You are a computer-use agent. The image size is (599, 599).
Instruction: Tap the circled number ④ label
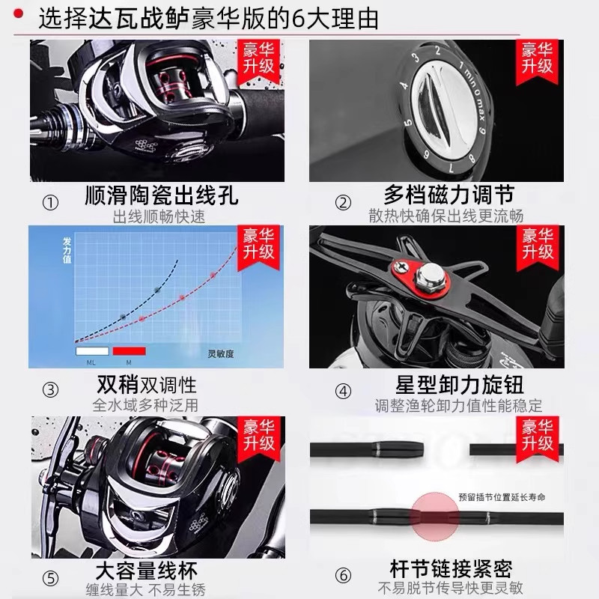pyautogui.click(x=343, y=390)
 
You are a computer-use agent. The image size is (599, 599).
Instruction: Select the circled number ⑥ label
pyautogui.click(x=343, y=576)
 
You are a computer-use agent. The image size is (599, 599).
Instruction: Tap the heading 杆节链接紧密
pyautogui.click(x=451, y=568)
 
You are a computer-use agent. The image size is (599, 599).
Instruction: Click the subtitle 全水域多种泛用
pyautogui.click(x=145, y=405)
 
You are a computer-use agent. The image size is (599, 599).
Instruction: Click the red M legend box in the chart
pyautogui.click(x=128, y=350)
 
